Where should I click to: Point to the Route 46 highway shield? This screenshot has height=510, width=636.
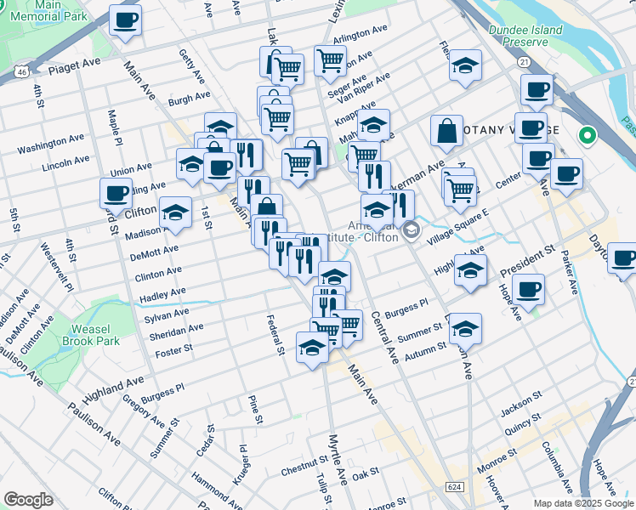coord(19,74)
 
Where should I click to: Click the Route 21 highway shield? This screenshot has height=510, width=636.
coord(525,62)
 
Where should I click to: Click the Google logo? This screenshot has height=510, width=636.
coord(28,500)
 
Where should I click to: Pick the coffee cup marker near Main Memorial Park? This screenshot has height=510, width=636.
coord(126,20)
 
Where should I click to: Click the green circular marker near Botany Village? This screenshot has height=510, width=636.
coord(586,134)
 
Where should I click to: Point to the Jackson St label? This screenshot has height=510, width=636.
coord(520,405)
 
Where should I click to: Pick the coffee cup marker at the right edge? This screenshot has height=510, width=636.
coord(625,258)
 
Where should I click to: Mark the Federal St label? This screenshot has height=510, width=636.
coord(276,336)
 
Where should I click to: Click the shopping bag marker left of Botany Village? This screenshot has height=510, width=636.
coord(446,131)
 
